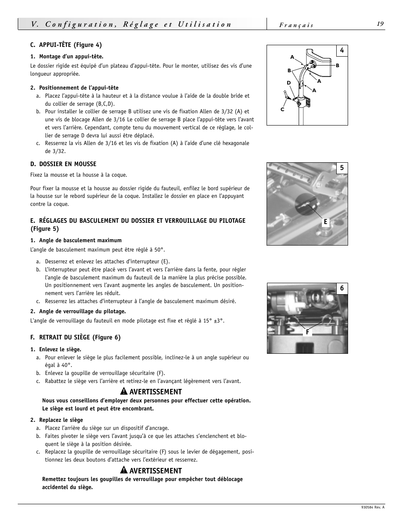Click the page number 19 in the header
[380, 24]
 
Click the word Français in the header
[296, 25]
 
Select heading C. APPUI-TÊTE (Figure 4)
[66, 45]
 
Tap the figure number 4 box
[342, 51]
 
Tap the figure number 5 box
[342, 168]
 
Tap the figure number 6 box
[342, 289]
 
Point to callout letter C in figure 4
[282, 109]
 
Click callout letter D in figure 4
[289, 83]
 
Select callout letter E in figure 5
[325, 222]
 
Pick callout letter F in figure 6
[308, 333]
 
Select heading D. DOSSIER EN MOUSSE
[63, 164]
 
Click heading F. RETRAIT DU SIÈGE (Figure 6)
[75, 337]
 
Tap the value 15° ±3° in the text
[213, 321]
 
